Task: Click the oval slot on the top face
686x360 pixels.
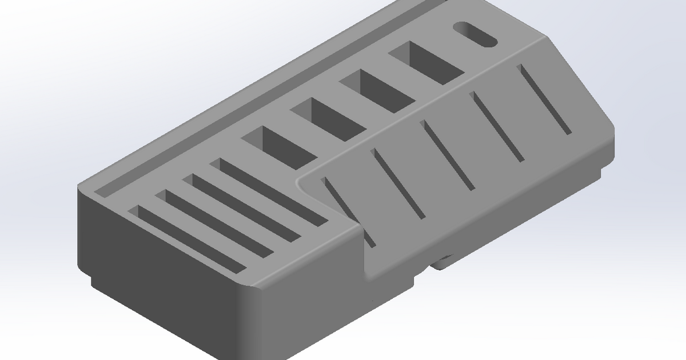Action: coord(474,35)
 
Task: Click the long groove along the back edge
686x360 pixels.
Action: coord(257,97)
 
